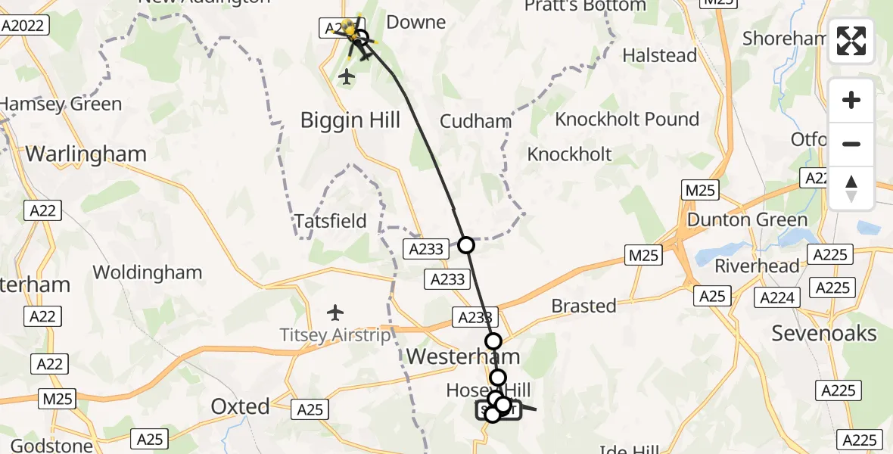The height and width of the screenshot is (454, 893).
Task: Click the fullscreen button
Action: click(851, 41)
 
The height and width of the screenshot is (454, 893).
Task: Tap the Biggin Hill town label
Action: click(350, 120)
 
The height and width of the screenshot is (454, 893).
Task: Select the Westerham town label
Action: click(463, 356)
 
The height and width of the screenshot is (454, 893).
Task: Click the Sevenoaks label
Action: click(823, 333)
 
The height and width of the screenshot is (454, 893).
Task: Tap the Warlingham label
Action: click(86, 154)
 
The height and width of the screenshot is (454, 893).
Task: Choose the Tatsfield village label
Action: click(330, 222)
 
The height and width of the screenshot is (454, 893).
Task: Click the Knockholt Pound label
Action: click(627, 120)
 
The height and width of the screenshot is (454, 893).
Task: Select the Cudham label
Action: click(475, 121)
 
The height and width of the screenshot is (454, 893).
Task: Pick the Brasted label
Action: click(583, 306)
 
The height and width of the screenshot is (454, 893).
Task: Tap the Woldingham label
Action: click(147, 272)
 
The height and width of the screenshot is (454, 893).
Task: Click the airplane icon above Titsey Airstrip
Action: click(335, 312)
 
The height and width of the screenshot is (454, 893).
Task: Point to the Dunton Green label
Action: click(748, 220)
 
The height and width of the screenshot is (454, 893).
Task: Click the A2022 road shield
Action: click(25, 26)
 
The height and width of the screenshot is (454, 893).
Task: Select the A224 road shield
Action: click(778, 298)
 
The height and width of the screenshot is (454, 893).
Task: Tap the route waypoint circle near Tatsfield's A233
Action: click(466, 245)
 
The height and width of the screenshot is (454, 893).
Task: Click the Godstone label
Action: click(46, 445)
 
